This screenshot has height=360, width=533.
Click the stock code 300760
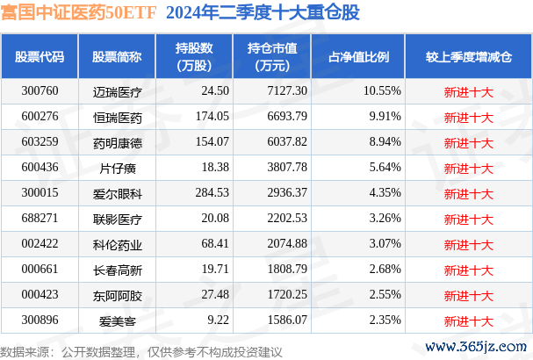click(x=40, y=90)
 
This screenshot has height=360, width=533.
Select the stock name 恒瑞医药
click(x=116, y=116)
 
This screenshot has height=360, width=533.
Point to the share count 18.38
click(x=214, y=166)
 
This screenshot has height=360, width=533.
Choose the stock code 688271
click(x=40, y=216)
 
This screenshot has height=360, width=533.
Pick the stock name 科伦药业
click(x=116, y=241)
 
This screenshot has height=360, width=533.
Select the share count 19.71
click(x=214, y=267)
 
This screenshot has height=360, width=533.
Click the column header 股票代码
click(x=40, y=56)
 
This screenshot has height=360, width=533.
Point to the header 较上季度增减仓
click(x=468, y=56)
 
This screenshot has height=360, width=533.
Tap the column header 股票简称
click(x=116, y=56)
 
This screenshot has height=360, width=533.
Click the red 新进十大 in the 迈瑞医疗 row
click(x=468, y=90)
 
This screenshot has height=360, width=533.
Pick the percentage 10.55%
click(x=381, y=90)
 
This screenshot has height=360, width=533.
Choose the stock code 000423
click(x=40, y=292)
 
